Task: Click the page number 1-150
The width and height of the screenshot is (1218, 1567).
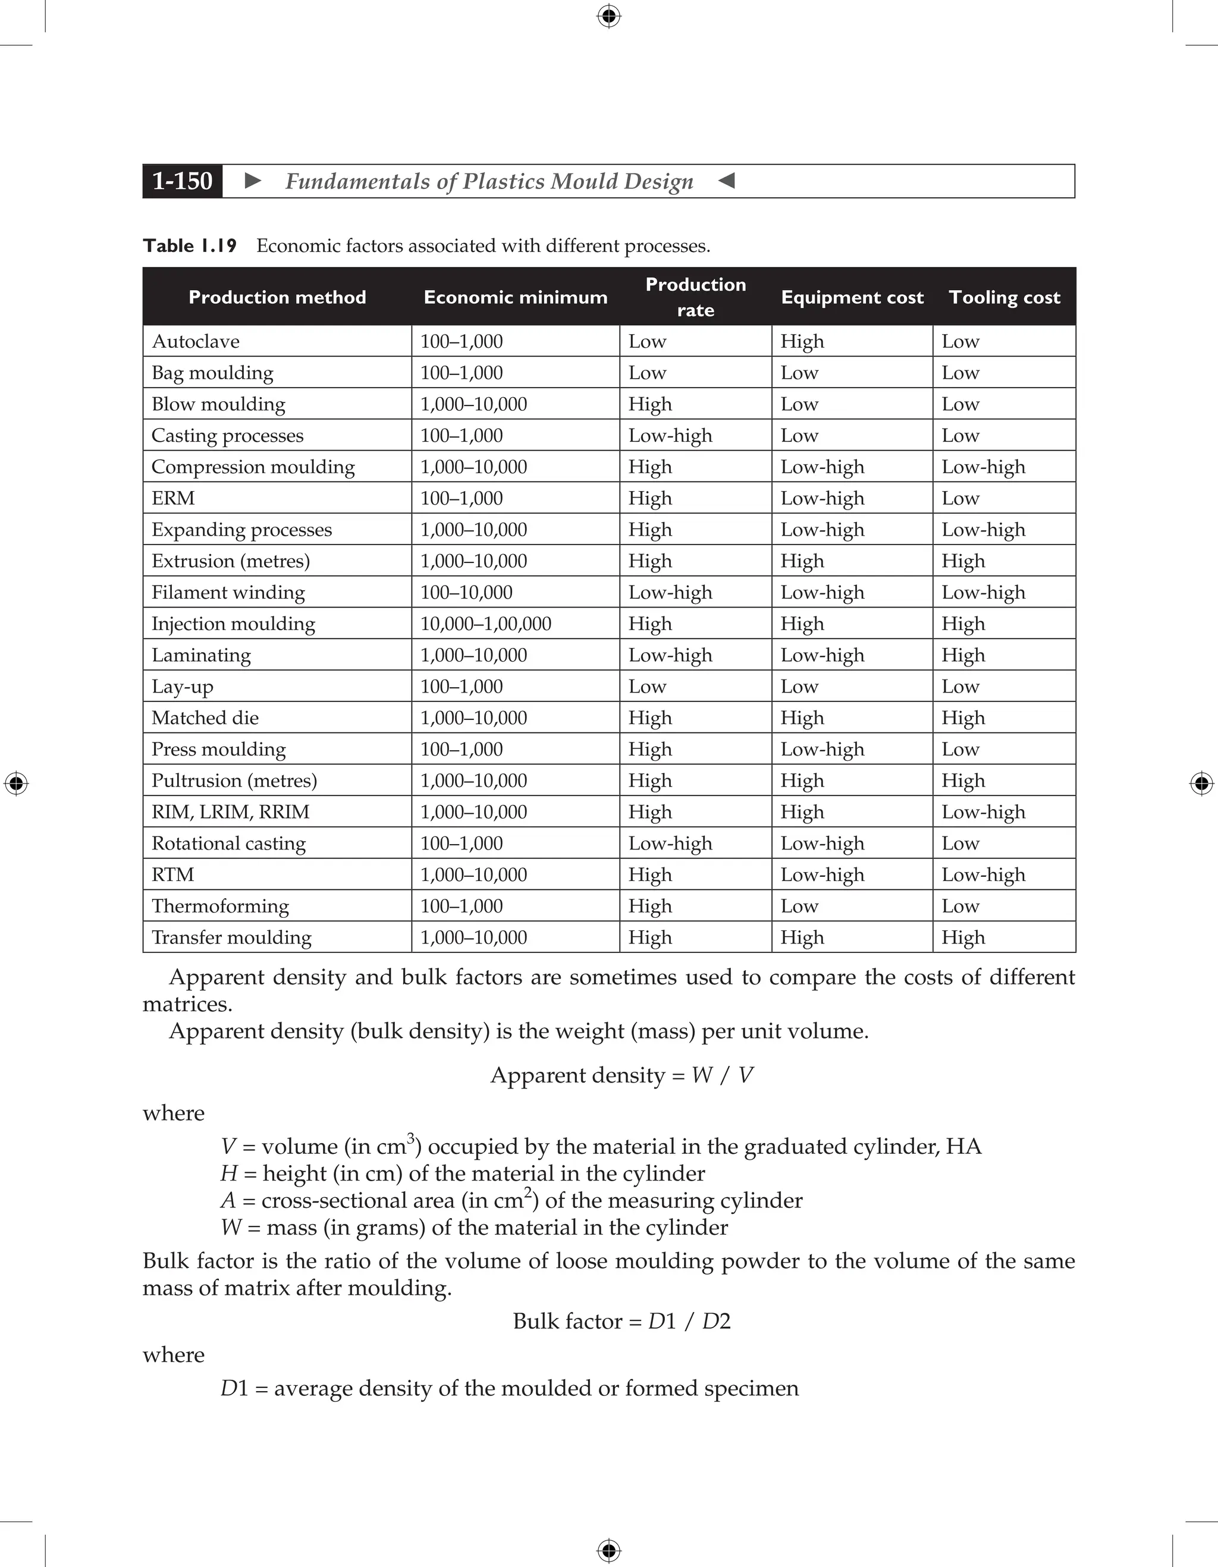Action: click(x=183, y=181)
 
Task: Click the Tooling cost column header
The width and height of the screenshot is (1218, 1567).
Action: click(x=1004, y=297)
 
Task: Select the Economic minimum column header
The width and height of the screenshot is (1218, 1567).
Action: click(x=516, y=297)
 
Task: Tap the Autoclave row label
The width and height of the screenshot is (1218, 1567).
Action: click(x=195, y=342)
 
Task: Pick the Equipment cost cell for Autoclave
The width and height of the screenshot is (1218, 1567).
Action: click(x=802, y=342)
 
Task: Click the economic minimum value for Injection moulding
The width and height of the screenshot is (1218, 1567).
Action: click(x=486, y=624)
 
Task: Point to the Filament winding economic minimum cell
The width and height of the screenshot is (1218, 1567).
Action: click(x=466, y=593)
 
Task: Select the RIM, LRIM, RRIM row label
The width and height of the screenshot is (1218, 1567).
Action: click(x=230, y=812)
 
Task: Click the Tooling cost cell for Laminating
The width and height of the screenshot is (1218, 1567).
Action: click(x=963, y=655)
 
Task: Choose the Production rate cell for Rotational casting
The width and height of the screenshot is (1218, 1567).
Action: click(x=670, y=844)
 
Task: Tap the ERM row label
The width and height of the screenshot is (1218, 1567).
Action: click(x=173, y=498)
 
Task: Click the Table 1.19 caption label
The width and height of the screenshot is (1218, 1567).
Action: click(x=190, y=246)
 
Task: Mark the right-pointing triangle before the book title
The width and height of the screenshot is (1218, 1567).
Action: click(x=253, y=181)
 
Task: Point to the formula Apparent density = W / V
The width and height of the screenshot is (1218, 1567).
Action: click(x=621, y=1075)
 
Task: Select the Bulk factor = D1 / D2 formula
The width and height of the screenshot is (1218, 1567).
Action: click(x=621, y=1321)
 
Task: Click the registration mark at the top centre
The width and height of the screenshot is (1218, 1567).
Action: click(x=608, y=16)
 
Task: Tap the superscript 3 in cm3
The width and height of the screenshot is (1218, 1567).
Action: click(x=410, y=1137)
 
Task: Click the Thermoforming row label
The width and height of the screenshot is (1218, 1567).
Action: click(x=220, y=906)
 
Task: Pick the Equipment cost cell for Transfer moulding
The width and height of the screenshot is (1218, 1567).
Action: click(x=802, y=937)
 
